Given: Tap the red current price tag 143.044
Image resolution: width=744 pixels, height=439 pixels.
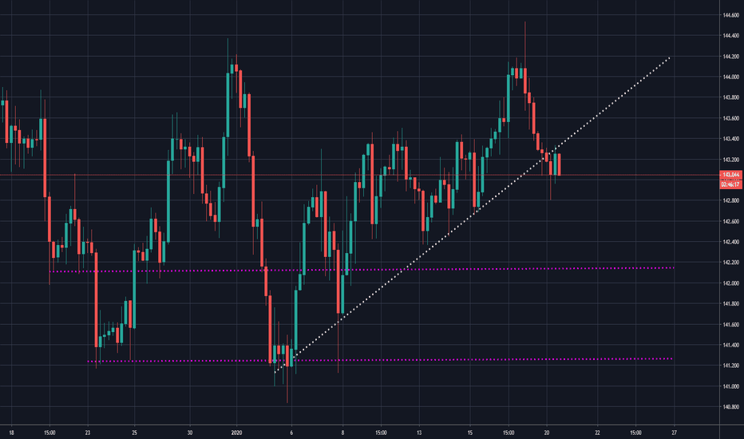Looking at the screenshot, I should click(x=731, y=175).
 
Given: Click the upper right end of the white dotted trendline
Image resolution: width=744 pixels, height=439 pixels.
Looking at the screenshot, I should click(x=669, y=57).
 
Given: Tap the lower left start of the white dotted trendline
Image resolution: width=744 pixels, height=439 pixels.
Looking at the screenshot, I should click(x=275, y=372).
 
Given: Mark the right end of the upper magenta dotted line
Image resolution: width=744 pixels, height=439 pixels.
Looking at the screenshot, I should click(x=674, y=268).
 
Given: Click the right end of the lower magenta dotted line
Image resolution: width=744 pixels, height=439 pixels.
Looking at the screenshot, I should click(x=672, y=359).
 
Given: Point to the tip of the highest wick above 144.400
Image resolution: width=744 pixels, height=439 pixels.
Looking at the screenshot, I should click(x=525, y=22).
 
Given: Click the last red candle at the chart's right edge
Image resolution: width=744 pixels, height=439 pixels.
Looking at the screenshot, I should click(x=560, y=164).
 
